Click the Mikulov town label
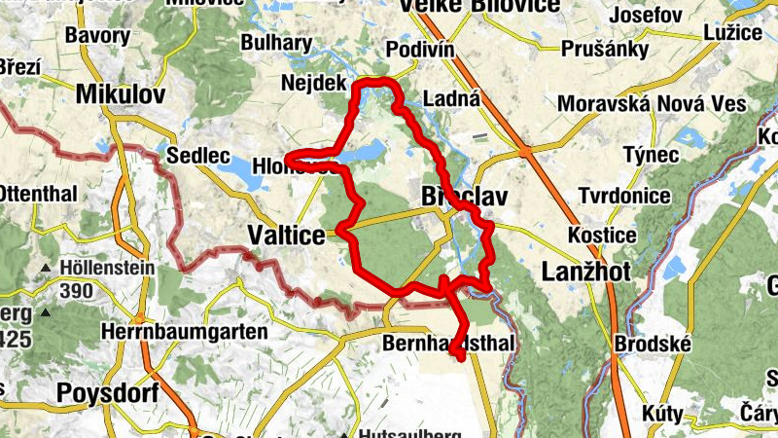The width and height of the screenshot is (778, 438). click(x=121, y=94)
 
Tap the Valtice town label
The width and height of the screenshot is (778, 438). click(x=287, y=236)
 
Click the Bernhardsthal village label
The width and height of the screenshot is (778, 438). click(x=448, y=345)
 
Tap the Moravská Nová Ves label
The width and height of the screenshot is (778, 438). click(x=652, y=104)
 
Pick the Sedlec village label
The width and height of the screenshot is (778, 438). click(x=197, y=156)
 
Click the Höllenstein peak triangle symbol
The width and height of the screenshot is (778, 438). click(x=46, y=268)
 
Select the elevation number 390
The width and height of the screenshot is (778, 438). click(x=76, y=289)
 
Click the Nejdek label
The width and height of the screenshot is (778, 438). click(x=313, y=84)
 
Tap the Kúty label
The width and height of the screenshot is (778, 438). click(x=661, y=414)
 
